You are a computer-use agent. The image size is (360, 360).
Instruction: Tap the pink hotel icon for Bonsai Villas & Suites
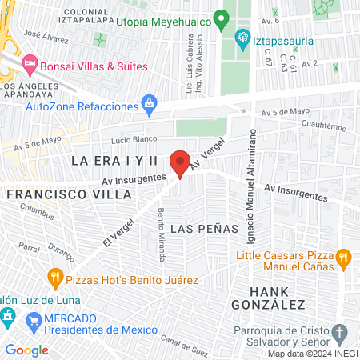click(30, 62)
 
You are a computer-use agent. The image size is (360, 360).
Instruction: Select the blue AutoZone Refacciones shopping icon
click(149, 102)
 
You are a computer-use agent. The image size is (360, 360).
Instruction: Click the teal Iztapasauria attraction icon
click(242, 37)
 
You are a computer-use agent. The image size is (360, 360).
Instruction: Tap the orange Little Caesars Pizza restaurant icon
click(343, 257)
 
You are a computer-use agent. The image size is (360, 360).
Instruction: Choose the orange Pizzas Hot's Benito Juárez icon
click(55, 279)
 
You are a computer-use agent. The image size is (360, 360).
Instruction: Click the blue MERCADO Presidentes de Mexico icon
click(33, 322)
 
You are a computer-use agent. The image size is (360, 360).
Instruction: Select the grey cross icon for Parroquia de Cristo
click(338, 332)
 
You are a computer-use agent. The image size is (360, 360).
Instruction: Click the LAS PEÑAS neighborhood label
click(205, 228)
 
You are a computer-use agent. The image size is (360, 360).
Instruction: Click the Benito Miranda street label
click(162, 234)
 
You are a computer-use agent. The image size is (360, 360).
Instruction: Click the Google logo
click(26, 350)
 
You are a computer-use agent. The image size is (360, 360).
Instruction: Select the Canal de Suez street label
click(181, 342)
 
